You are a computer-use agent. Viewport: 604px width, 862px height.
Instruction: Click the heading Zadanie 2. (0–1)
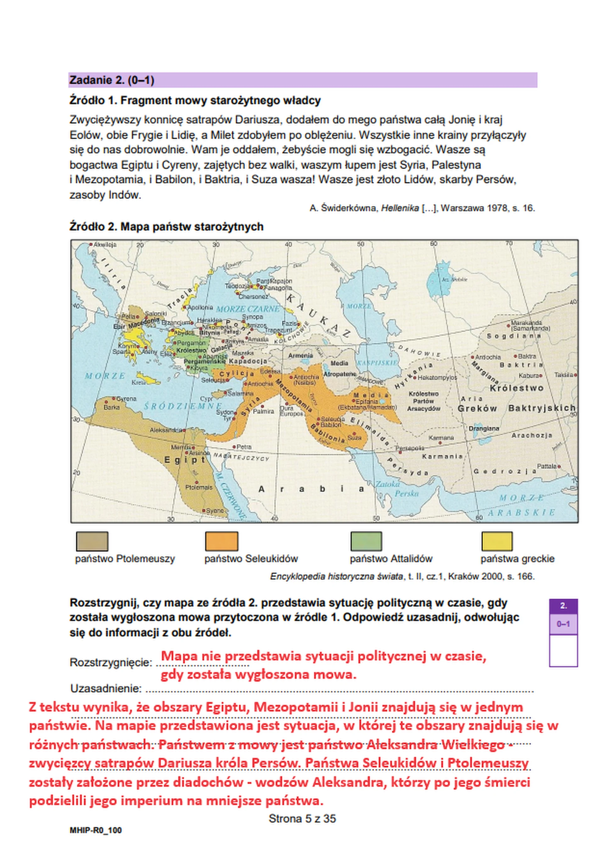112,80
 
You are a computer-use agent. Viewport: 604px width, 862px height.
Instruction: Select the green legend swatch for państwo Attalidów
366,541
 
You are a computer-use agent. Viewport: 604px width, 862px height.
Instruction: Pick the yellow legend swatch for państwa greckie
496,541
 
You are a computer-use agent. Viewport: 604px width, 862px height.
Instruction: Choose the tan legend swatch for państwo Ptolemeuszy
92,541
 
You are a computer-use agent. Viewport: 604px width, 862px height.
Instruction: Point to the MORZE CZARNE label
248,309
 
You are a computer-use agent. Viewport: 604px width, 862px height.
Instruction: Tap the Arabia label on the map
311,489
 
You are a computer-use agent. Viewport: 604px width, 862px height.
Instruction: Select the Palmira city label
263,411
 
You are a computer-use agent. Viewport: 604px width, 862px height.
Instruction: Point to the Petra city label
244,447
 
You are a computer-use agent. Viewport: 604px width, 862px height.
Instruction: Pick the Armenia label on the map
300,355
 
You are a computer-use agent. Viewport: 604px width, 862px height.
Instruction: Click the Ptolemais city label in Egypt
199,487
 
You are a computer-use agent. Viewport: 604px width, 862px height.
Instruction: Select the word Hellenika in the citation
400,208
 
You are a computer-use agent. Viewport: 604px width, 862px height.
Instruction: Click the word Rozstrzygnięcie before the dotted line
111,662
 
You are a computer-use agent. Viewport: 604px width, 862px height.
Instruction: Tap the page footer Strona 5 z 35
302,819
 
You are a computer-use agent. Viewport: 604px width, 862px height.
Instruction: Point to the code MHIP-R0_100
96,841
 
